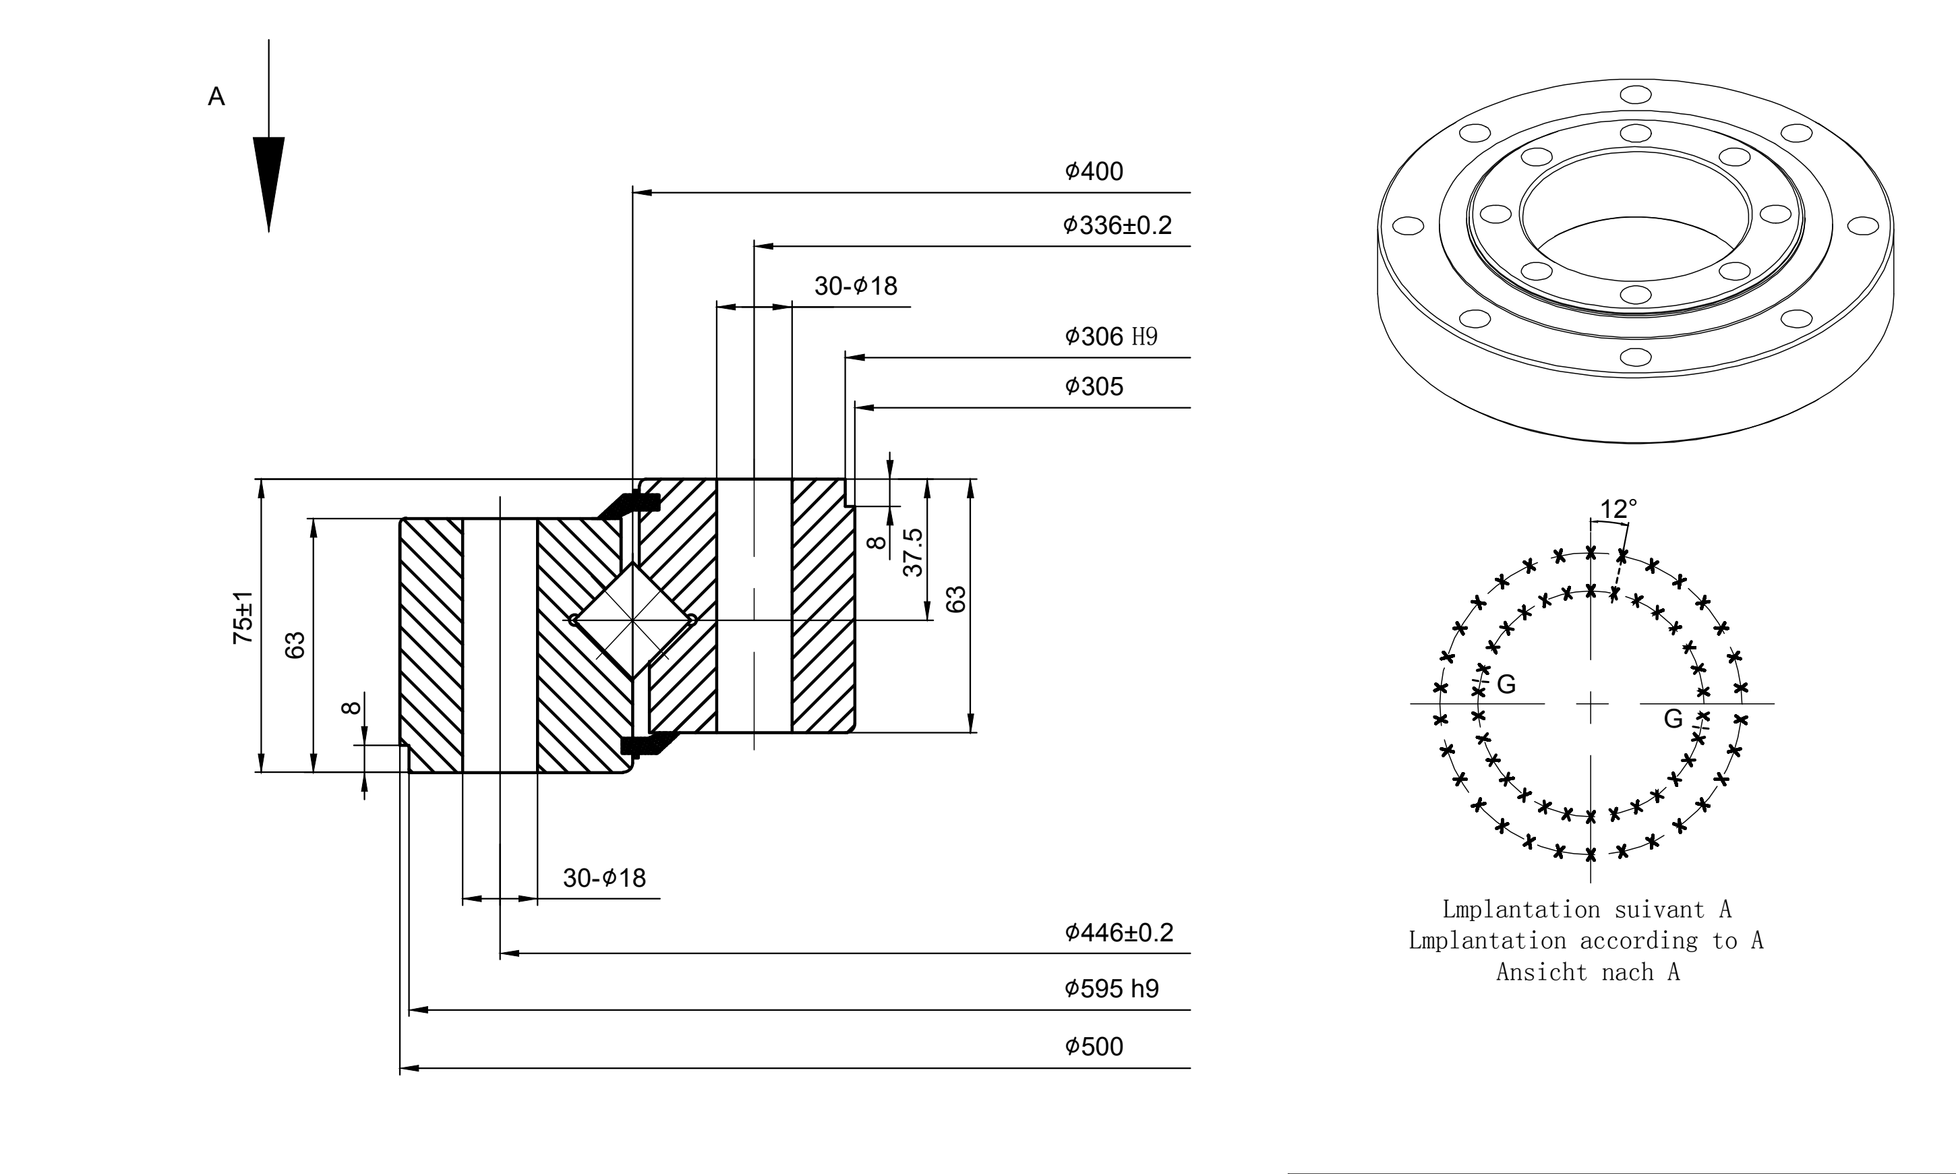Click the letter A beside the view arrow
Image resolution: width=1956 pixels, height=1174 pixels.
(x=216, y=96)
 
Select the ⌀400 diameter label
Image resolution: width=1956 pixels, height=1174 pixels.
(x=1094, y=171)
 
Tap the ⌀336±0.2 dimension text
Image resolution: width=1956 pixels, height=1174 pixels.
(x=1117, y=225)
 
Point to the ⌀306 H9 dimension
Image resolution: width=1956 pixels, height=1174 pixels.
(x=1110, y=336)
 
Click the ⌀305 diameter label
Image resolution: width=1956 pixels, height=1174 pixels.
(x=1094, y=386)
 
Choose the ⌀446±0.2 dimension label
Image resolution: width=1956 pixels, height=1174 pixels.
(x=1119, y=932)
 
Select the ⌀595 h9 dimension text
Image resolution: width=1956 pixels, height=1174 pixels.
(x=1111, y=988)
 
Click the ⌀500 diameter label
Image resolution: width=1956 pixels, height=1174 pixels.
(x=1094, y=1046)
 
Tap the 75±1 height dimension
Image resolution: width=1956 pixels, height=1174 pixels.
(x=243, y=617)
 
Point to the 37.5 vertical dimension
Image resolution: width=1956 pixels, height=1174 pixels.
(x=913, y=552)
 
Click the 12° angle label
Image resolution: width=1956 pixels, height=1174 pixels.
(x=1618, y=508)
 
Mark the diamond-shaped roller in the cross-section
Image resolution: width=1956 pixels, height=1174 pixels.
(x=632, y=620)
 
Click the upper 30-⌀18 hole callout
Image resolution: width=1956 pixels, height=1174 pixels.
(x=856, y=286)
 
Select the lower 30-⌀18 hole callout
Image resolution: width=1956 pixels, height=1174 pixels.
(x=604, y=877)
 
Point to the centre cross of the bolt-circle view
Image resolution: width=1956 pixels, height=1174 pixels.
(x=1591, y=703)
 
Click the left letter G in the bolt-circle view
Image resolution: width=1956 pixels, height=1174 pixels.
(x=1507, y=685)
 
